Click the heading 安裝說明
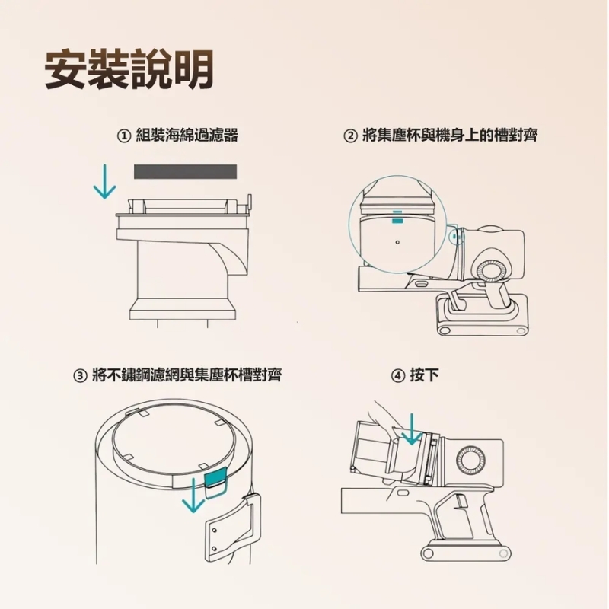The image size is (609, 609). (x=129, y=69)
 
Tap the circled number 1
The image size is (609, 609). (x=123, y=136)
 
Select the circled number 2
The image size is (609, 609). (x=350, y=136)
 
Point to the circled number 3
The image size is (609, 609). (x=80, y=376)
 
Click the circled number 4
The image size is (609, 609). (x=397, y=376)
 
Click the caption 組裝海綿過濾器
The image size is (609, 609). (x=187, y=136)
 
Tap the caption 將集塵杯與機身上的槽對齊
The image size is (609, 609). (x=450, y=136)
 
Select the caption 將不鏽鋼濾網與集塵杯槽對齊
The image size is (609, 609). (x=187, y=375)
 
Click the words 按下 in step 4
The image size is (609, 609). (x=424, y=375)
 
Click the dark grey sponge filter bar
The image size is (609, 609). (x=185, y=172)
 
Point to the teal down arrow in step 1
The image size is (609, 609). (x=105, y=181)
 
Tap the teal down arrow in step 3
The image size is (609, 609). (x=193, y=495)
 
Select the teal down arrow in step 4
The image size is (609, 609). (x=412, y=429)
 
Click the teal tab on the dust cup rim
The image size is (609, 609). (x=215, y=480)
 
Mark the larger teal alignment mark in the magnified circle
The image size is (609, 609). (x=397, y=221)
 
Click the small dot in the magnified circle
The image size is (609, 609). (x=397, y=242)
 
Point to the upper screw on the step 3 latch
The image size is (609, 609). (x=214, y=531)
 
